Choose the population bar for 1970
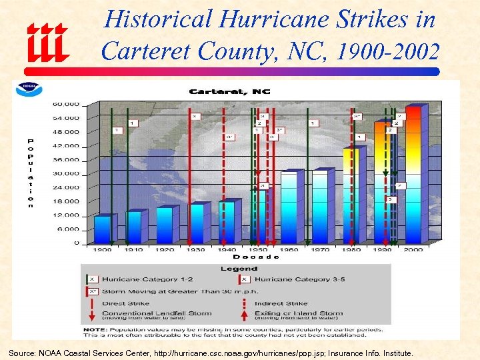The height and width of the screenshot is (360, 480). (x=320, y=206)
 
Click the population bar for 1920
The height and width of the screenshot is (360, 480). (x=164, y=225)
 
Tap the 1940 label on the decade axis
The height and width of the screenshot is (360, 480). (x=227, y=249)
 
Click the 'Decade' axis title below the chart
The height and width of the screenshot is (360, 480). (x=256, y=257)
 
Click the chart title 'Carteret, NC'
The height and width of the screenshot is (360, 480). (x=230, y=91)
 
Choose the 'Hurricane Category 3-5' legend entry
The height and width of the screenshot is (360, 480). (x=293, y=279)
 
